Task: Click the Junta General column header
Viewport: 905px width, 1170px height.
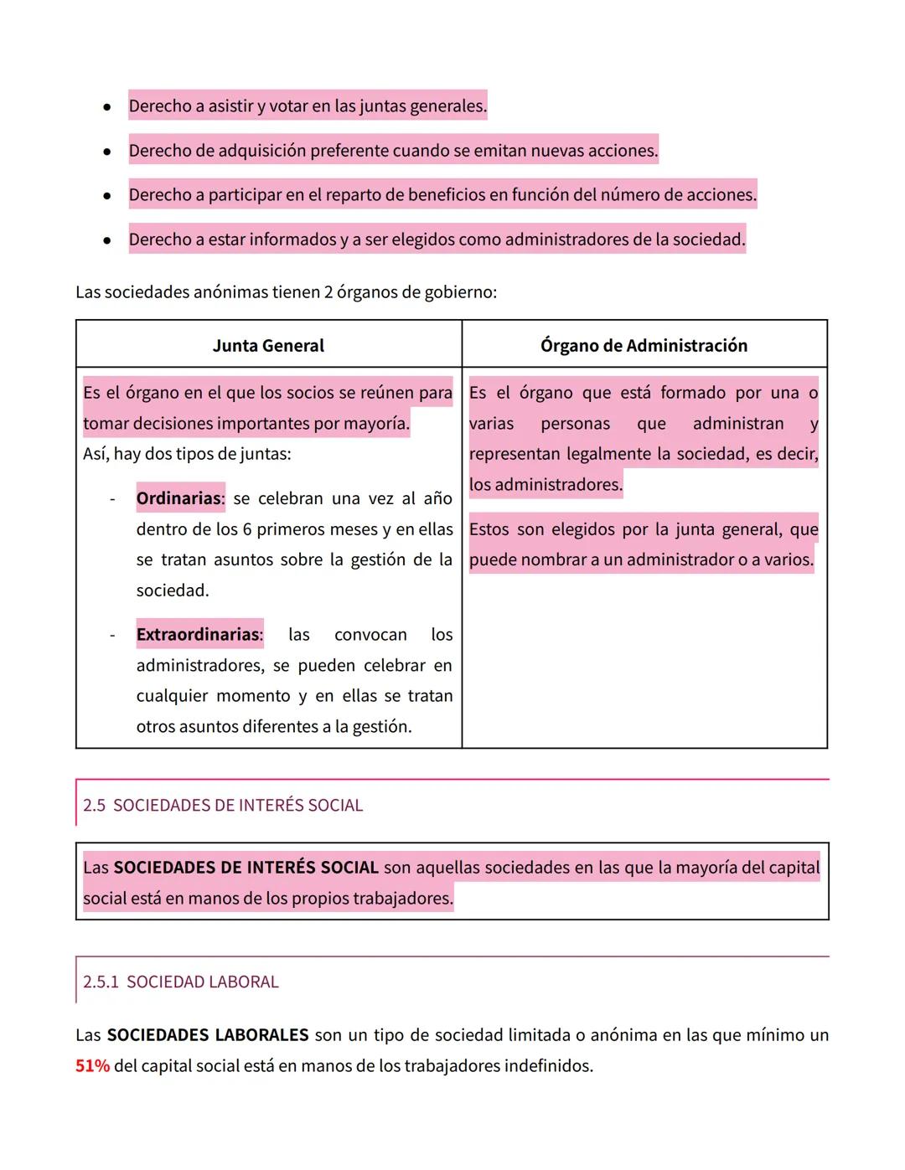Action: [268, 346]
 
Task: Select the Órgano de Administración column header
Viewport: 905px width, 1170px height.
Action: [644, 346]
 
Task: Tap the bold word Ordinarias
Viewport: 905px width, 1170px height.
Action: [179, 498]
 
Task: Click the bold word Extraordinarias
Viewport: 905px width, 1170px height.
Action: [199, 635]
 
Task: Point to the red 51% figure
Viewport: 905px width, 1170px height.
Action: [92, 1066]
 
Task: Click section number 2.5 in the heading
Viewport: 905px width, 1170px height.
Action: [94, 806]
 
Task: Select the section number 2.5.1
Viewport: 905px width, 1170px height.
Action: [101, 982]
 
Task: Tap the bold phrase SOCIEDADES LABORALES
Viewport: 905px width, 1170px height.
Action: [208, 1035]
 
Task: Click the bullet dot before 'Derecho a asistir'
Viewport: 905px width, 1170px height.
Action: [106, 107]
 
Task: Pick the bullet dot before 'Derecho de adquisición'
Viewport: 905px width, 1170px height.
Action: [106, 152]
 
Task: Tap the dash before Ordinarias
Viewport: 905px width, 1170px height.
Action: [112, 499]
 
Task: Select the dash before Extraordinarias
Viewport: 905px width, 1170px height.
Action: [112, 636]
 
